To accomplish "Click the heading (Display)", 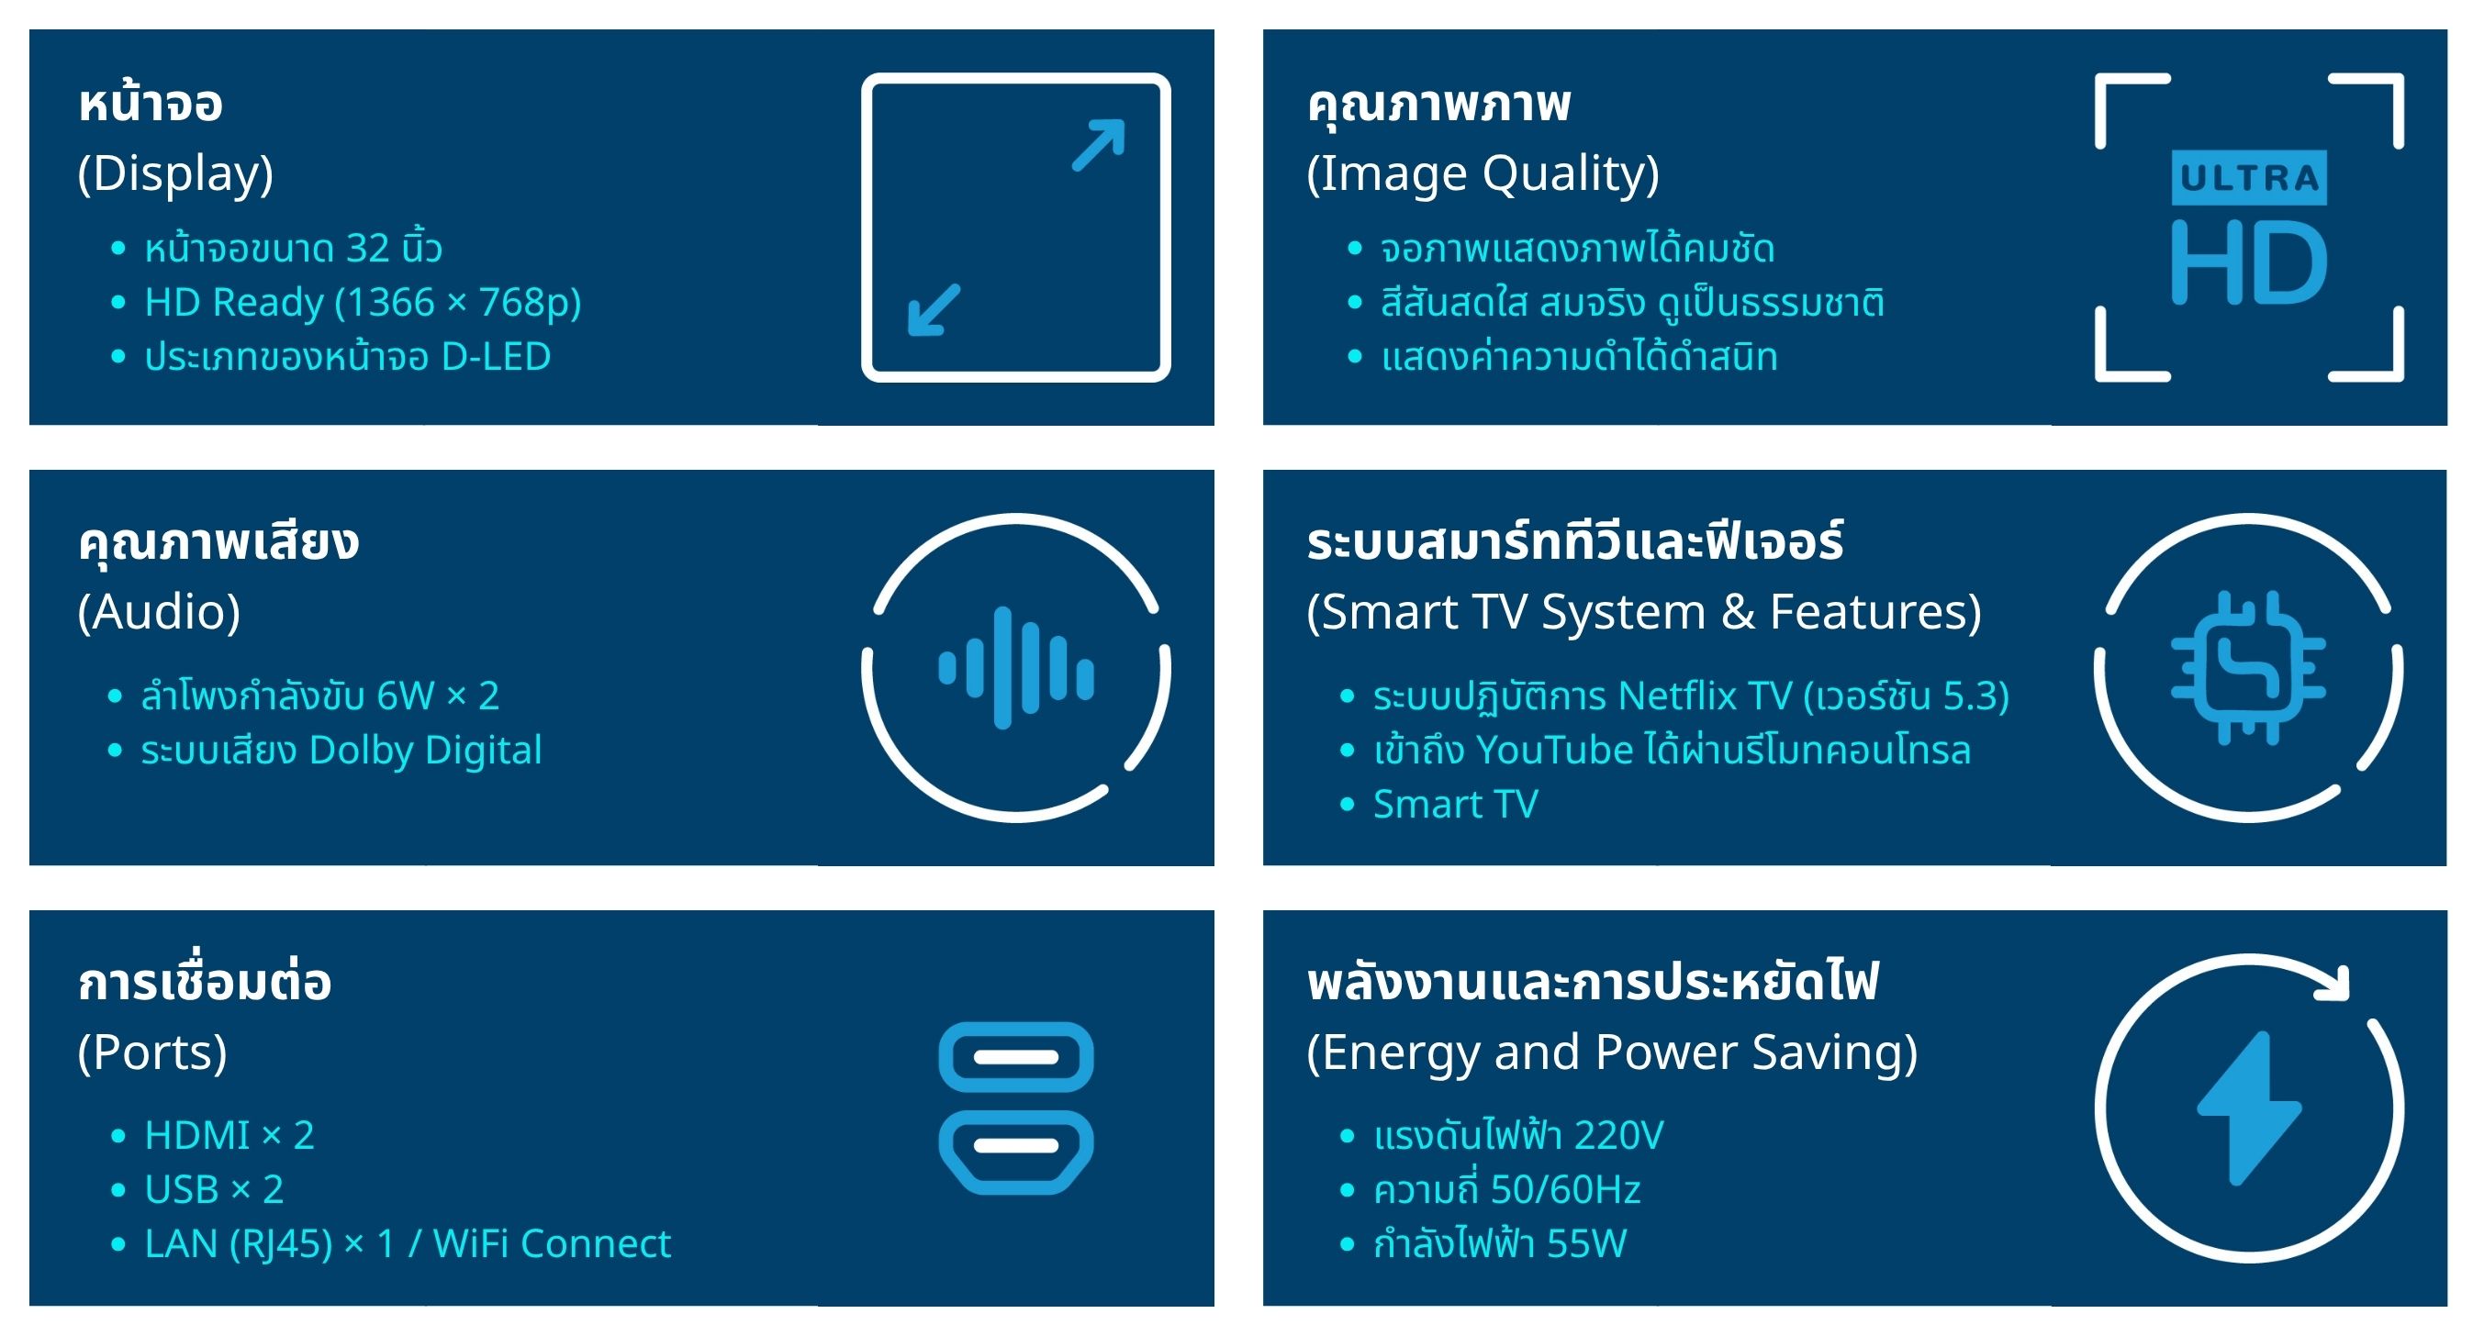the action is (x=175, y=173).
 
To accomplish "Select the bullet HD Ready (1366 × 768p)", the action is (x=363, y=302).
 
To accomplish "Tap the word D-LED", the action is (x=496, y=356).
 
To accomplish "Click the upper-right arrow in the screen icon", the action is (x=1098, y=145).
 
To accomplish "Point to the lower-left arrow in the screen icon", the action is (x=934, y=309).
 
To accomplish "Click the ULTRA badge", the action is (x=2248, y=178).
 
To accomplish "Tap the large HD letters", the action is (x=2248, y=262).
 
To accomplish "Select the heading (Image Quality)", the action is (x=1483, y=173).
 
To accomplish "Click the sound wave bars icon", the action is (x=1015, y=668).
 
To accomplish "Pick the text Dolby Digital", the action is (x=425, y=750).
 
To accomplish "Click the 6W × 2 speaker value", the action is (x=438, y=696).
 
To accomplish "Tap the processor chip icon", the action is (x=2248, y=668).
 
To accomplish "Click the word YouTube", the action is (x=1554, y=750).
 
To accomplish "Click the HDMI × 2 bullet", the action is (x=229, y=1135).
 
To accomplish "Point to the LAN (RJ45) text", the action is (x=238, y=1244).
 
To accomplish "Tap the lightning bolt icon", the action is (x=2248, y=1108).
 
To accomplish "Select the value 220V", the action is (x=1618, y=1135).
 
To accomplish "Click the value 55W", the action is (x=1586, y=1244).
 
